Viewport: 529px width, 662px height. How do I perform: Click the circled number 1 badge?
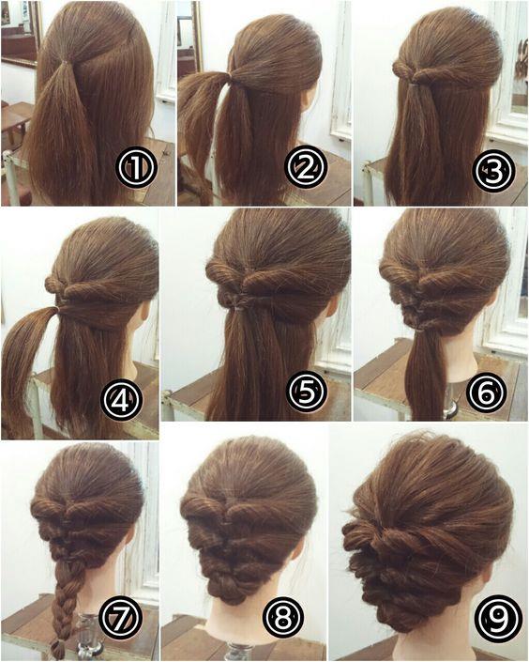click(136, 167)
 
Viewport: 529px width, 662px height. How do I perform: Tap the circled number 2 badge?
click(307, 167)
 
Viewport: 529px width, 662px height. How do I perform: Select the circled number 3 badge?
click(493, 170)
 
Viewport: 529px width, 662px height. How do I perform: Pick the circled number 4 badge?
click(122, 399)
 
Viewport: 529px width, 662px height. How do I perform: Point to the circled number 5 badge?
click(307, 391)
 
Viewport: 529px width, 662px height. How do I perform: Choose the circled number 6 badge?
click(487, 392)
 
